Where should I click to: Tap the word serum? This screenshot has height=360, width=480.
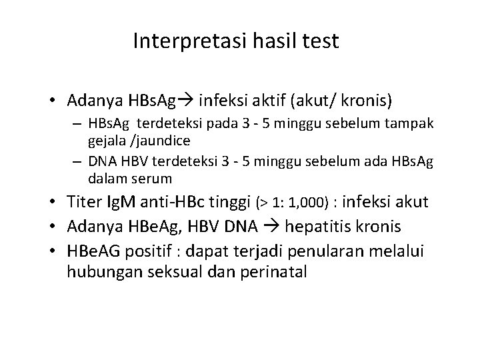click(x=154, y=179)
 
